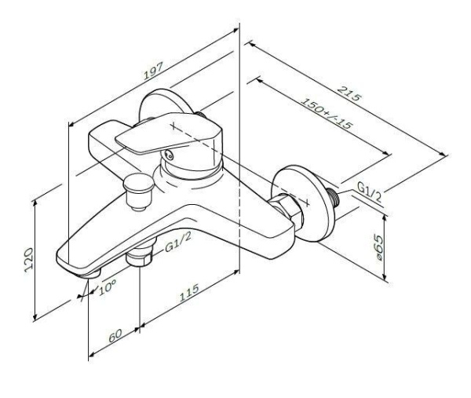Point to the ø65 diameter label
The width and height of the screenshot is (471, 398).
click(378, 249)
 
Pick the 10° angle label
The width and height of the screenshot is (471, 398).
click(108, 287)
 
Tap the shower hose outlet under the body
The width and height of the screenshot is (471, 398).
click(140, 258)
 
